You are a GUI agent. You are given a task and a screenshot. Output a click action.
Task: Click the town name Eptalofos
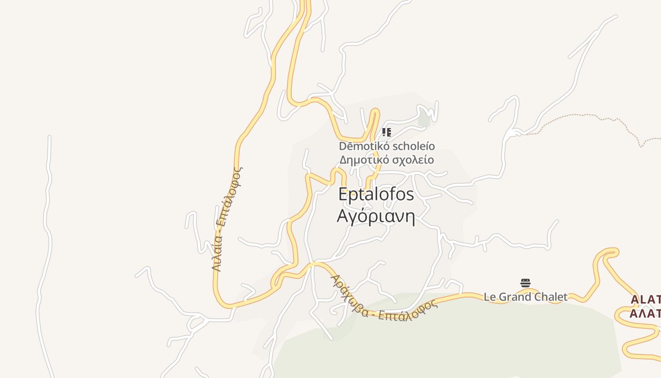tap(376, 195)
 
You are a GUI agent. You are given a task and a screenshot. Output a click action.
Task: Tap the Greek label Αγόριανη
tap(376, 216)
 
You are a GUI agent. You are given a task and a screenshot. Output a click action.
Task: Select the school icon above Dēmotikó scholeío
tap(386, 132)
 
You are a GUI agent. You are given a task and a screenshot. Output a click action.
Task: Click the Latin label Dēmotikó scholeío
tap(387, 146)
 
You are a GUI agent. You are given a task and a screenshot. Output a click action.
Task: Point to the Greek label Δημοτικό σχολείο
tap(387, 160)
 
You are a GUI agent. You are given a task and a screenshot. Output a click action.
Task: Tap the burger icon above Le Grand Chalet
tap(525, 283)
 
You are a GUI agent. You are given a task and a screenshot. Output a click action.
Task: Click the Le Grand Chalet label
tap(525, 297)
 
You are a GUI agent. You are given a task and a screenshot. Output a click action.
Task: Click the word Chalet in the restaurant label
tap(549, 297)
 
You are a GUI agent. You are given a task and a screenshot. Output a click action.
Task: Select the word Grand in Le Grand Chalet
tap(513, 297)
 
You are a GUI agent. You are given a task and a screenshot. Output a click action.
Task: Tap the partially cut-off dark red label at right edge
tap(645, 306)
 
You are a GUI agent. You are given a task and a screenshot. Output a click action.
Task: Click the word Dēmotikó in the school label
tap(361, 146)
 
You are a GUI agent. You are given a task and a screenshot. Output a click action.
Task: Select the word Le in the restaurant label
tap(489, 297)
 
